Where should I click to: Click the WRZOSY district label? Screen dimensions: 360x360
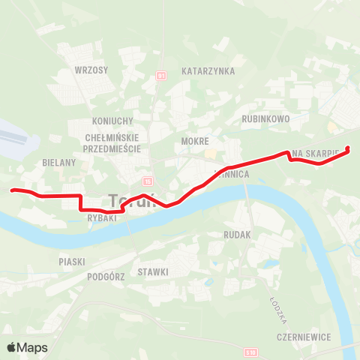[91, 70]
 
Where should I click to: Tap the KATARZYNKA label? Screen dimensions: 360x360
[208, 71]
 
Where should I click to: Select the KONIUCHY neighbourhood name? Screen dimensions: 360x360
[112, 121]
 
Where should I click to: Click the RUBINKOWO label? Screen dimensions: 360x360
[265, 118]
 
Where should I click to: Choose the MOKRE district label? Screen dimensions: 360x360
[194, 140]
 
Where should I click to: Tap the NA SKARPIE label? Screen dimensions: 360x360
[318, 153]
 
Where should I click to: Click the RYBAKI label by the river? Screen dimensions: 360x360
[100, 218]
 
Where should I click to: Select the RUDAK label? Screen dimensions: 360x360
[237, 235]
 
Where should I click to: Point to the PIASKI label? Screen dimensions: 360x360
[72, 262]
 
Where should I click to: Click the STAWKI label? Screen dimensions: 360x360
[153, 271]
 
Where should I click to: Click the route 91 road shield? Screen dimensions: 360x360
[161, 76]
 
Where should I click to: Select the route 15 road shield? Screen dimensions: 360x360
[147, 181]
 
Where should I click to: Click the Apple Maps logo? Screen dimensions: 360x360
[27, 347]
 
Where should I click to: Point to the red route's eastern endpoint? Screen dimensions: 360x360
[348, 148]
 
